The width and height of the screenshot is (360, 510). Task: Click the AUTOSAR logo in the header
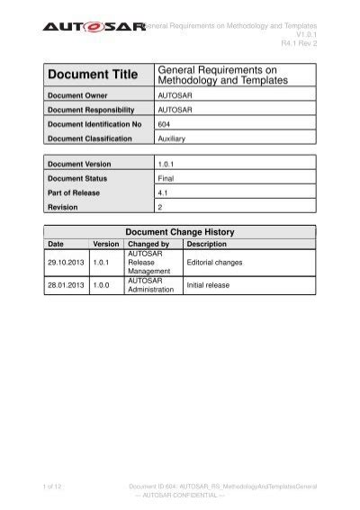94,30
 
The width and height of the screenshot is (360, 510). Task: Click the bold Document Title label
92,76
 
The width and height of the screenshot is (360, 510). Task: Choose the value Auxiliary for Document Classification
172,139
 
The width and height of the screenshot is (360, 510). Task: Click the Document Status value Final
166,179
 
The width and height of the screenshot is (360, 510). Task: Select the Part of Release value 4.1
163,192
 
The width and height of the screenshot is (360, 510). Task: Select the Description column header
207,244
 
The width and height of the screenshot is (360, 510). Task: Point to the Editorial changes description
214,263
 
